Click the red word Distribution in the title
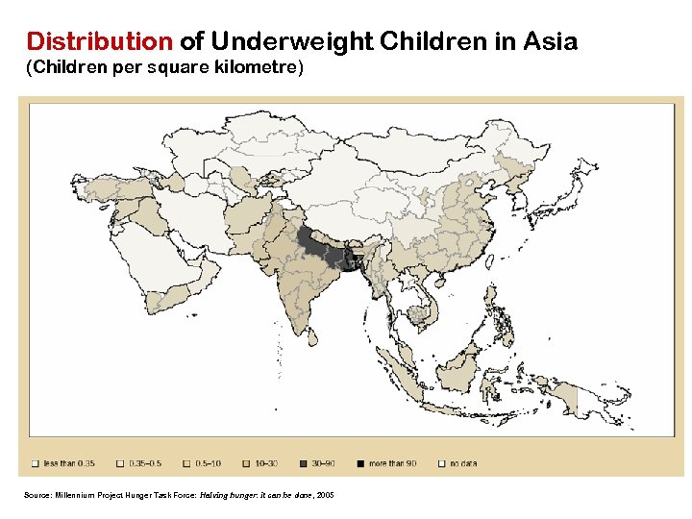tap(99, 42)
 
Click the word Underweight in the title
tap(292, 42)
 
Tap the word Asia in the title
tap(550, 42)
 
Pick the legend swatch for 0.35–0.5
tap(121, 463)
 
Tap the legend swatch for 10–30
tap(248, 463)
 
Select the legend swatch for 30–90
tap(305, 463)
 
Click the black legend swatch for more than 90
tap(360, 463)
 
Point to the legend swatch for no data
tap(442, 463)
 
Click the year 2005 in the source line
tap(326, 495)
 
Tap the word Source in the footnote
tap(37, 495)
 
